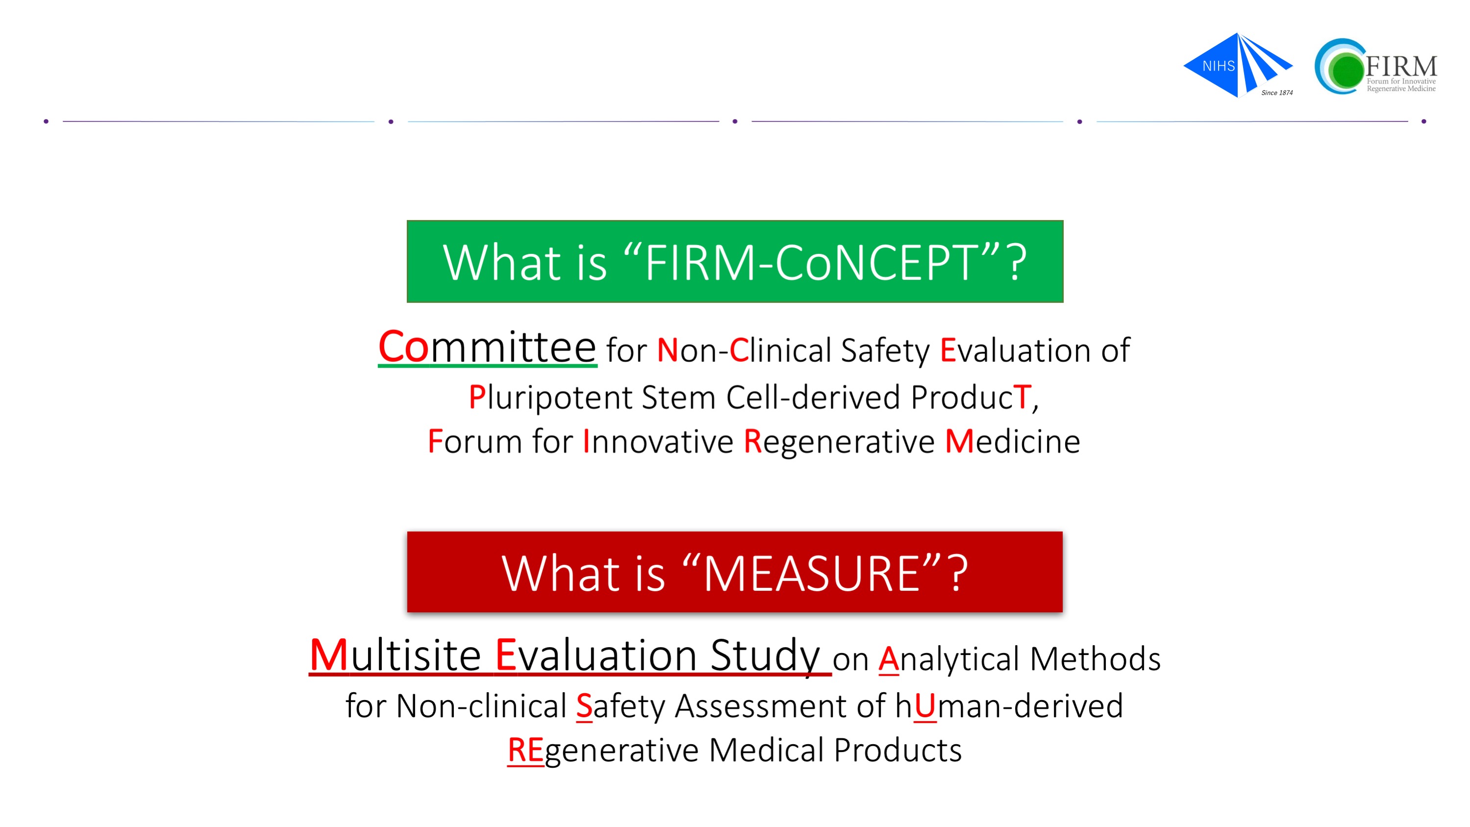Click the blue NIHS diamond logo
[1237, 65]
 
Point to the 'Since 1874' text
[1277, 93]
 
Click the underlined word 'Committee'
[487, 347]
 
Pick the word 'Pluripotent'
[550, 398]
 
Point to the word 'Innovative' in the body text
[657, 441]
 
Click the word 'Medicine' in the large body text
[1012, 441]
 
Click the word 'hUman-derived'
[1009, 706]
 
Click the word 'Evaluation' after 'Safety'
[1015, 350]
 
